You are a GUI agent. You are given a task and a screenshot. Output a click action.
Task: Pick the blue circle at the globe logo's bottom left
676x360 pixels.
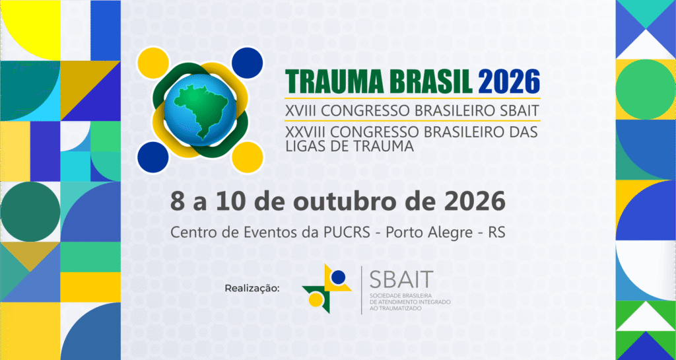(x=154, y=156)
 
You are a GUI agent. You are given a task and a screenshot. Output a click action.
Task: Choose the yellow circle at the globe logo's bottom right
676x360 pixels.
(x=248, y=157)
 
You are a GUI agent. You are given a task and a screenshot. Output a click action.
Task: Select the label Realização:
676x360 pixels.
(x=252, y=288)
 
